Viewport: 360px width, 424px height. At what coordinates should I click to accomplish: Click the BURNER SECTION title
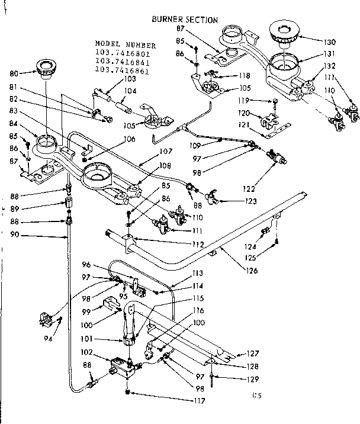185,20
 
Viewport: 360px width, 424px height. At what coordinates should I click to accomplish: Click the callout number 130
330,42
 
